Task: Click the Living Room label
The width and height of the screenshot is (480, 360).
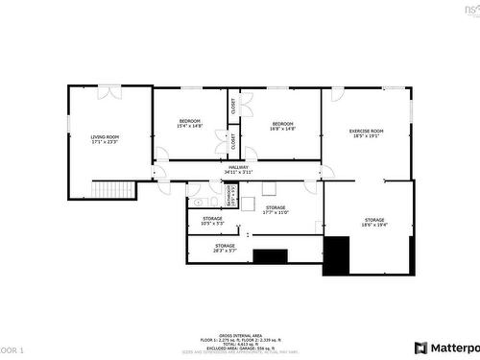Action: [x=105, y=136]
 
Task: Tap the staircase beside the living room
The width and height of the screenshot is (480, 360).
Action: [x=121, y=189]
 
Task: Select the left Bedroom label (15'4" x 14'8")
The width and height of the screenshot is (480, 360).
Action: [x=189, y=121]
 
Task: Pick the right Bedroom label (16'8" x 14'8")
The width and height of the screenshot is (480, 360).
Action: [x=282, y=124]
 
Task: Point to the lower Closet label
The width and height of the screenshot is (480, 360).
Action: [x=232, y=141]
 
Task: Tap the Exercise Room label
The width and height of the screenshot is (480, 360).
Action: [x=366, y=131]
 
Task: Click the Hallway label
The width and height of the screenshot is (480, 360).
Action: [x=238, y=168]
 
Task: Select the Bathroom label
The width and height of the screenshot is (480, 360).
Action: [x=229, y=196]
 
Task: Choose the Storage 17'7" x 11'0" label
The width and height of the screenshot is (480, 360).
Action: [x=276, y=207]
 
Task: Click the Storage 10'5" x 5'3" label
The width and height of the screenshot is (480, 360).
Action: [x=212, y=219]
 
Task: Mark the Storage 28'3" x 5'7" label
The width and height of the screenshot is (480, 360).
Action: [x=225, y=246]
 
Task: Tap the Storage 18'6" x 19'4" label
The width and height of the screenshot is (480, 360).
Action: [x=373, y=220]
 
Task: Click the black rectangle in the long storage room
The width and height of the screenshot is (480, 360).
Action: [x=271, y=256]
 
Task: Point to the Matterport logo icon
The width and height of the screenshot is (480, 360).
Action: [x=420, y=348]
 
